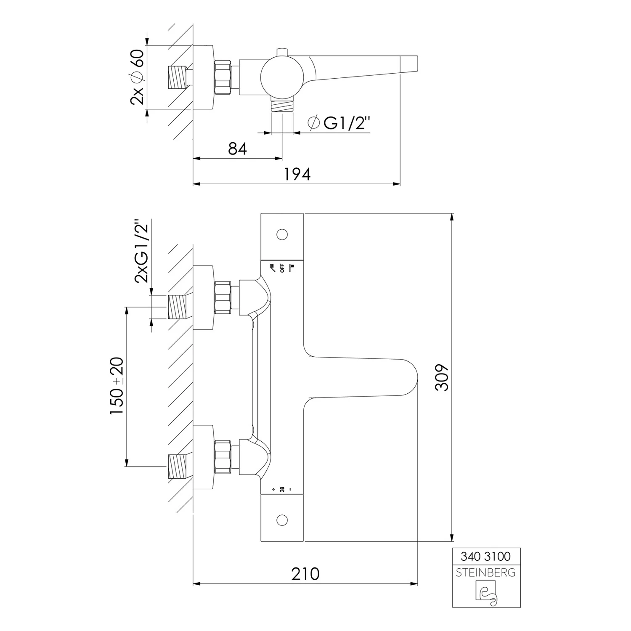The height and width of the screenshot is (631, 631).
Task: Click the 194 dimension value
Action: (x=297, y=174)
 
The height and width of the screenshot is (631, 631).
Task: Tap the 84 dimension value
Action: (x=237, y=148)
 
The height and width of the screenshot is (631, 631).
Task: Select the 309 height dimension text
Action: (x=443, y=378)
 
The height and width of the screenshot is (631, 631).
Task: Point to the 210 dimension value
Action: (x=305, y=573)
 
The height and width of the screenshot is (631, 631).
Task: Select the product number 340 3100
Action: (x=486, y=556)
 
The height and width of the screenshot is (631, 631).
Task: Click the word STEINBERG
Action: (x=486, y=573)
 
